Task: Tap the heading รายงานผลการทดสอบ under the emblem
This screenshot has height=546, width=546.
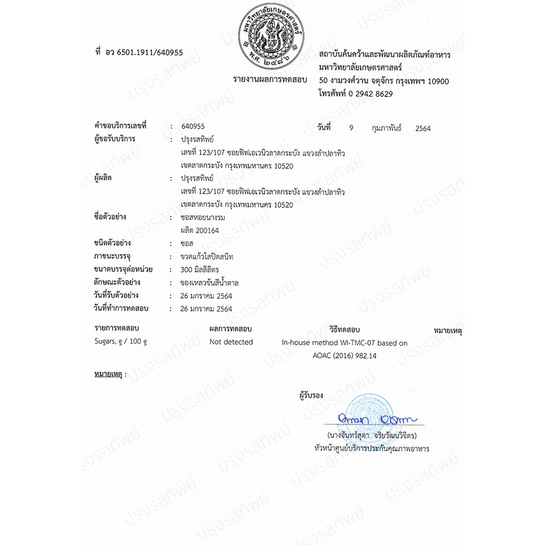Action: click(270, 79)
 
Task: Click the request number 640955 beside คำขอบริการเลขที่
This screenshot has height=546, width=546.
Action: click(192, 127)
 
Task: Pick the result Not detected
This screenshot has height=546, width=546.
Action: click(231, 342)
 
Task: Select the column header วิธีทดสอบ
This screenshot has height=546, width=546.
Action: click(344, 330)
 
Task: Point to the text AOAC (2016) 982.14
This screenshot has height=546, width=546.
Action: click(344, 356)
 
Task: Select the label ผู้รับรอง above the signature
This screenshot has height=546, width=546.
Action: click(311, 396)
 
